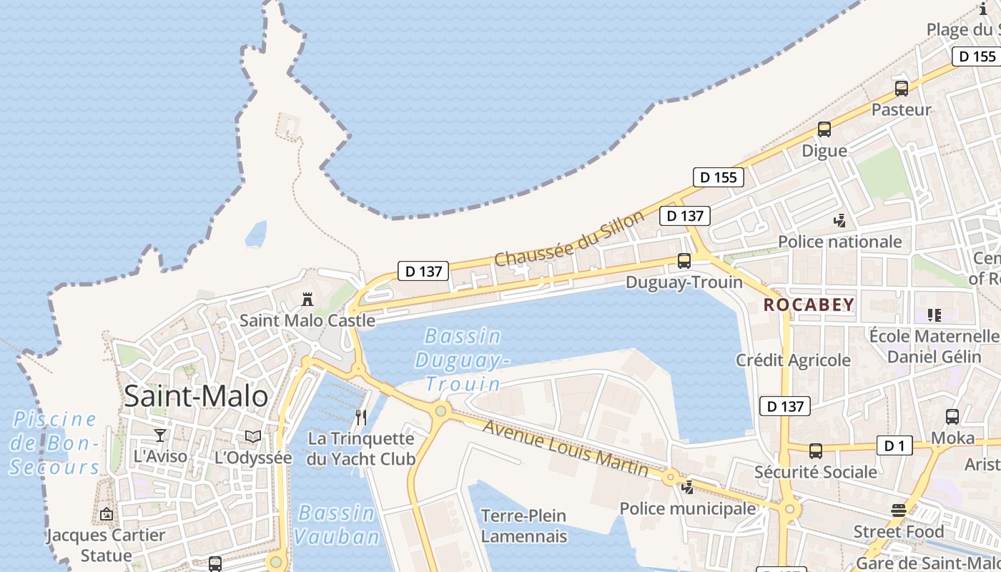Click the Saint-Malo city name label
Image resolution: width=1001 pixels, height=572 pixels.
point(196,395)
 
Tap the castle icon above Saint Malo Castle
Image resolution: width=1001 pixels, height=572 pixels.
point(307,298)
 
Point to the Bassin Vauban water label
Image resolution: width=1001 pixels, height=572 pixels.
point(336,525)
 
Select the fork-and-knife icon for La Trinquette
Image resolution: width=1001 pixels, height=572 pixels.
point(361,418)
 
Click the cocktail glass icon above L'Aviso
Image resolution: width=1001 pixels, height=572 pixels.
point(160,435)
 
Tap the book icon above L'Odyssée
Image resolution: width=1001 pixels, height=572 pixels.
point(253,436)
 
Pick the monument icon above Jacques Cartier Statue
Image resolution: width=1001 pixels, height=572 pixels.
point(107,513)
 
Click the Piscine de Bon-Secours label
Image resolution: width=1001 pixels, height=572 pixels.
point(55,443)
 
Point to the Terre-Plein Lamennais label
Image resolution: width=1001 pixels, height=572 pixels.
point(523,526)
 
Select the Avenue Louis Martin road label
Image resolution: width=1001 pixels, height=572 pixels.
point(565,448)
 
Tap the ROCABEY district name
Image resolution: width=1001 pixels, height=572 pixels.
point(809,305)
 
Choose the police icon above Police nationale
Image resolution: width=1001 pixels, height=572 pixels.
point(840,220)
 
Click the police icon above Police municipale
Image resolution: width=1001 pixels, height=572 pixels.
point(688,488)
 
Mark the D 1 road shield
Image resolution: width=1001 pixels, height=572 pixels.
point(894,446)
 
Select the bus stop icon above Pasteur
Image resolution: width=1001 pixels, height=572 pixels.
point(902,89)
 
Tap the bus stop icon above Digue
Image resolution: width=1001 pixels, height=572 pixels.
point(824,129)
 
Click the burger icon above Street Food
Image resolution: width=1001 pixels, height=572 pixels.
point(899,511)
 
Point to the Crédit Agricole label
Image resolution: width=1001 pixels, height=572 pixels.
point(793,360)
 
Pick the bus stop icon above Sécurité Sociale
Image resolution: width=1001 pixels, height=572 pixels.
point(816,450)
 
